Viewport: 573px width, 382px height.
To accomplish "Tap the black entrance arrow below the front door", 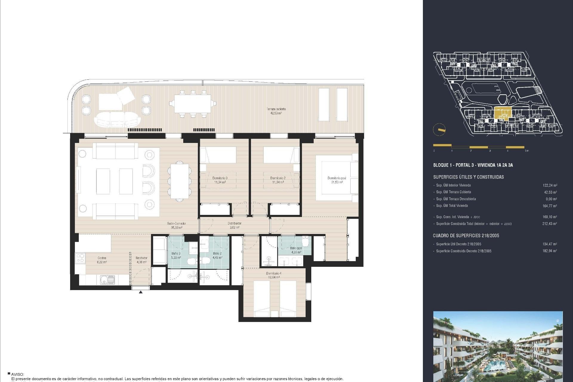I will pyautogui.click(x=141, y=292).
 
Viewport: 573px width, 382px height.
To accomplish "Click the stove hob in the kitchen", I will pyautogui.click(x=80, y=258).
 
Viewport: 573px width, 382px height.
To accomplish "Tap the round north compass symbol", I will pyautogui.click(x=439, y=130).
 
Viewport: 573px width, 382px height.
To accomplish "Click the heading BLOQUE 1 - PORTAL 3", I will pyautogui.click(x=473, y=165).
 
